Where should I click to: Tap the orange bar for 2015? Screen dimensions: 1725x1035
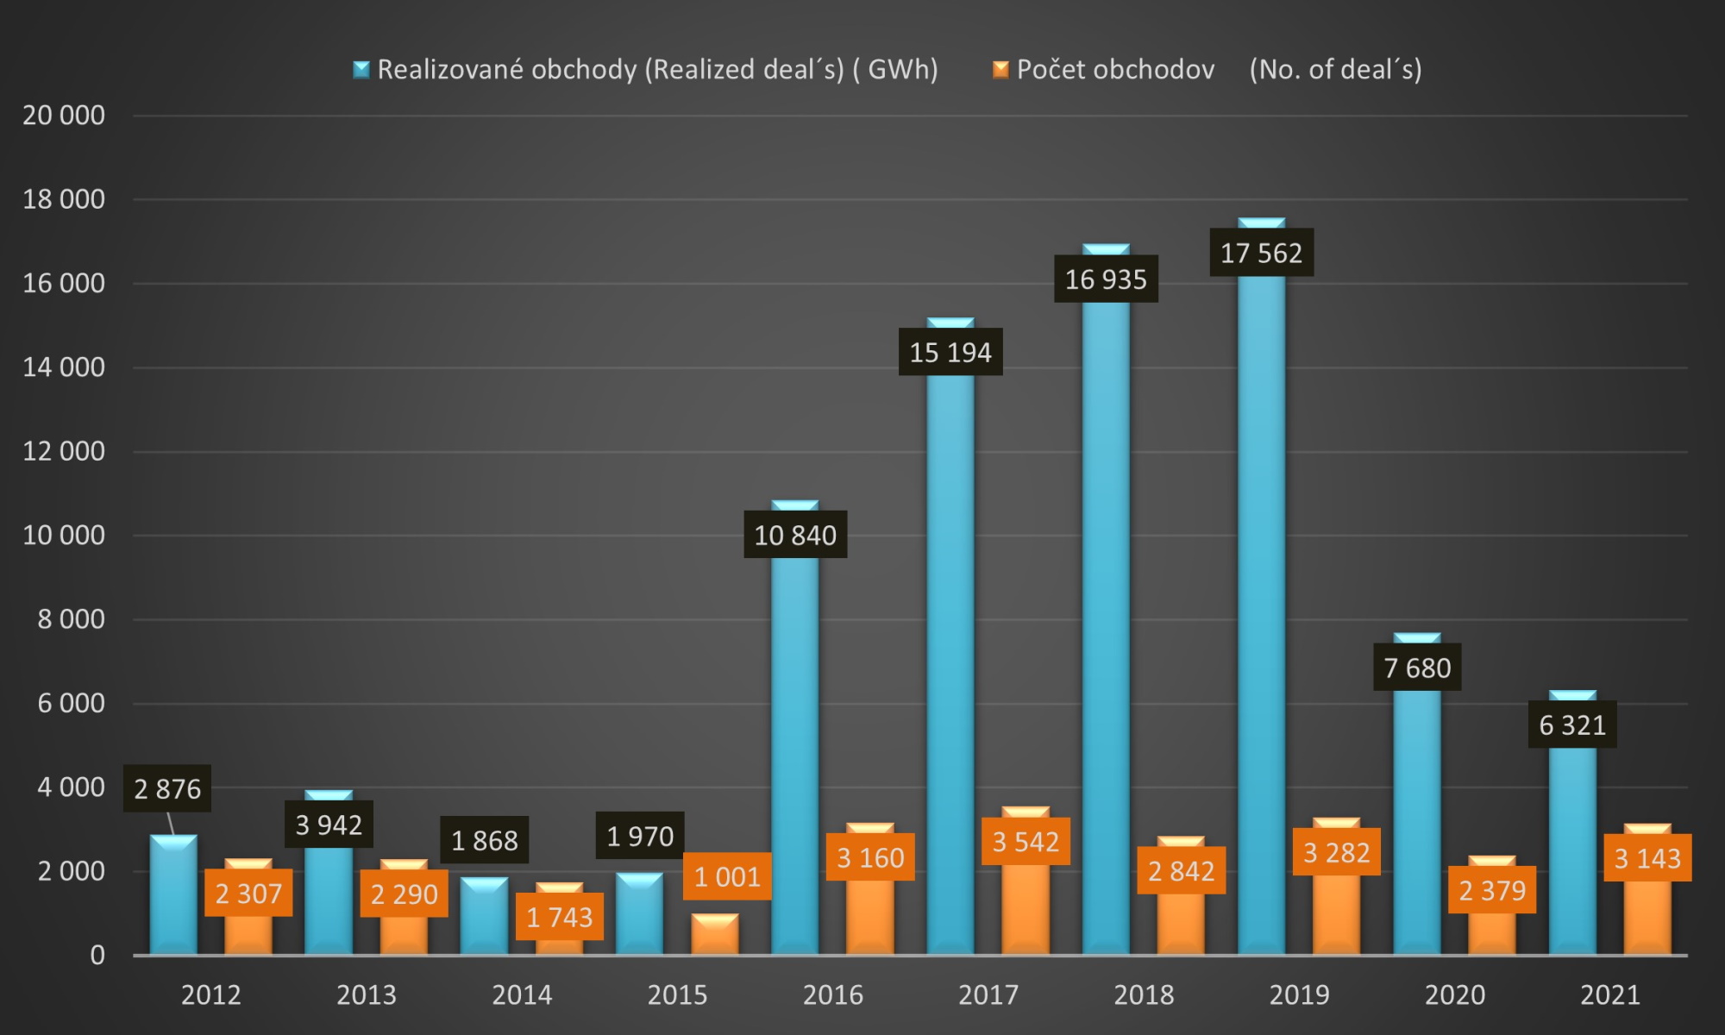pyautogui.click(x=715, y=934)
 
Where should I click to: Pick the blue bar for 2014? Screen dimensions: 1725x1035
pyautogui.click(x=484, y=916)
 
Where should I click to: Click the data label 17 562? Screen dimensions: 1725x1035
pyautogui.click(x=1261, y=253)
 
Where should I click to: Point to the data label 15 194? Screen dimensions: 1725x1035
pyautogui.click(x=950, y=352)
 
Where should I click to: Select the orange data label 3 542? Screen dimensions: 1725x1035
pyautogui.click(x=1026, y=841)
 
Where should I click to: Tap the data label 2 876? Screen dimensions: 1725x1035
pyautogui.click(x=167, y=788)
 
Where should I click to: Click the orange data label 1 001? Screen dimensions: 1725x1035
pyautogui.click(x=727, y=876)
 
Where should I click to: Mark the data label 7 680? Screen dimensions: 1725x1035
pyautogui.click(x=1417, y=667)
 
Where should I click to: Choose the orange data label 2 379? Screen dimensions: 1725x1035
pyautogui.click(x=1492, y=889)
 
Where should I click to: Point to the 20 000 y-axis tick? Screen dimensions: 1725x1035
pyautogui.click(x=64, y=116)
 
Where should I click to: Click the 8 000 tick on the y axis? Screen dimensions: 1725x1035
pyautogui.click(x=71, y=619)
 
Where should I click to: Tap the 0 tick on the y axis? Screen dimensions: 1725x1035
pyautogui.click(x=97, y=955)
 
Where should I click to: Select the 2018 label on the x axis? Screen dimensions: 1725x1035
pyautogui.click(x=1144, y=994)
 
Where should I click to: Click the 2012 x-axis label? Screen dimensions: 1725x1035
pyautogui.click(x=210, y=994)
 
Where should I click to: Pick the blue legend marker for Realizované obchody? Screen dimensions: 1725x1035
pyautogui.click(x=361, y=69)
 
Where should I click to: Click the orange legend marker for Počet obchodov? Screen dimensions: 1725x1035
pyautogui.click(x=1000, y=69)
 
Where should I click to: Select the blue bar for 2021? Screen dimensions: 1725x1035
pyautogui.click(x=1572, y=823)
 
